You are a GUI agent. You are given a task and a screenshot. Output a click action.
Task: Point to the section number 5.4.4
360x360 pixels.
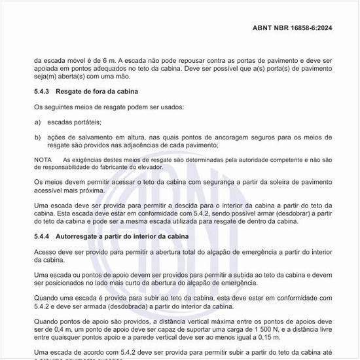pos(43,236)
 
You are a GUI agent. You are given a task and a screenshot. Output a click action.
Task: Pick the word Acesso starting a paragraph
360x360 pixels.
pos(46,251)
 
